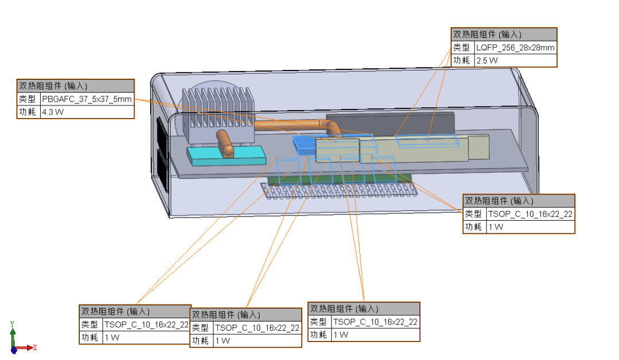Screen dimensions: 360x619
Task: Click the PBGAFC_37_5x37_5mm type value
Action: coord(87,99)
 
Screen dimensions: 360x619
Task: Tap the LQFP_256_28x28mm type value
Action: coord(515,48)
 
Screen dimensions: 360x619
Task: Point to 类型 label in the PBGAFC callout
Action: coord(28,99)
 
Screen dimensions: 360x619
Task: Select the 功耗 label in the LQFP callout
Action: coord(462,61)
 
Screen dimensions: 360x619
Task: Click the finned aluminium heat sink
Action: coord(218,109)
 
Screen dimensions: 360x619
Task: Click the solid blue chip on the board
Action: coord(303,144)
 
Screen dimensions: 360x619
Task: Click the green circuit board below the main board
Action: coord(344,178)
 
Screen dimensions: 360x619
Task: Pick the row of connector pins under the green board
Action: coord(338,190)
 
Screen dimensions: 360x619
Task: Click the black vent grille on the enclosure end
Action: coord(162,155)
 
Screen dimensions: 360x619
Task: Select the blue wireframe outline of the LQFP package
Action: coord(429,140)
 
